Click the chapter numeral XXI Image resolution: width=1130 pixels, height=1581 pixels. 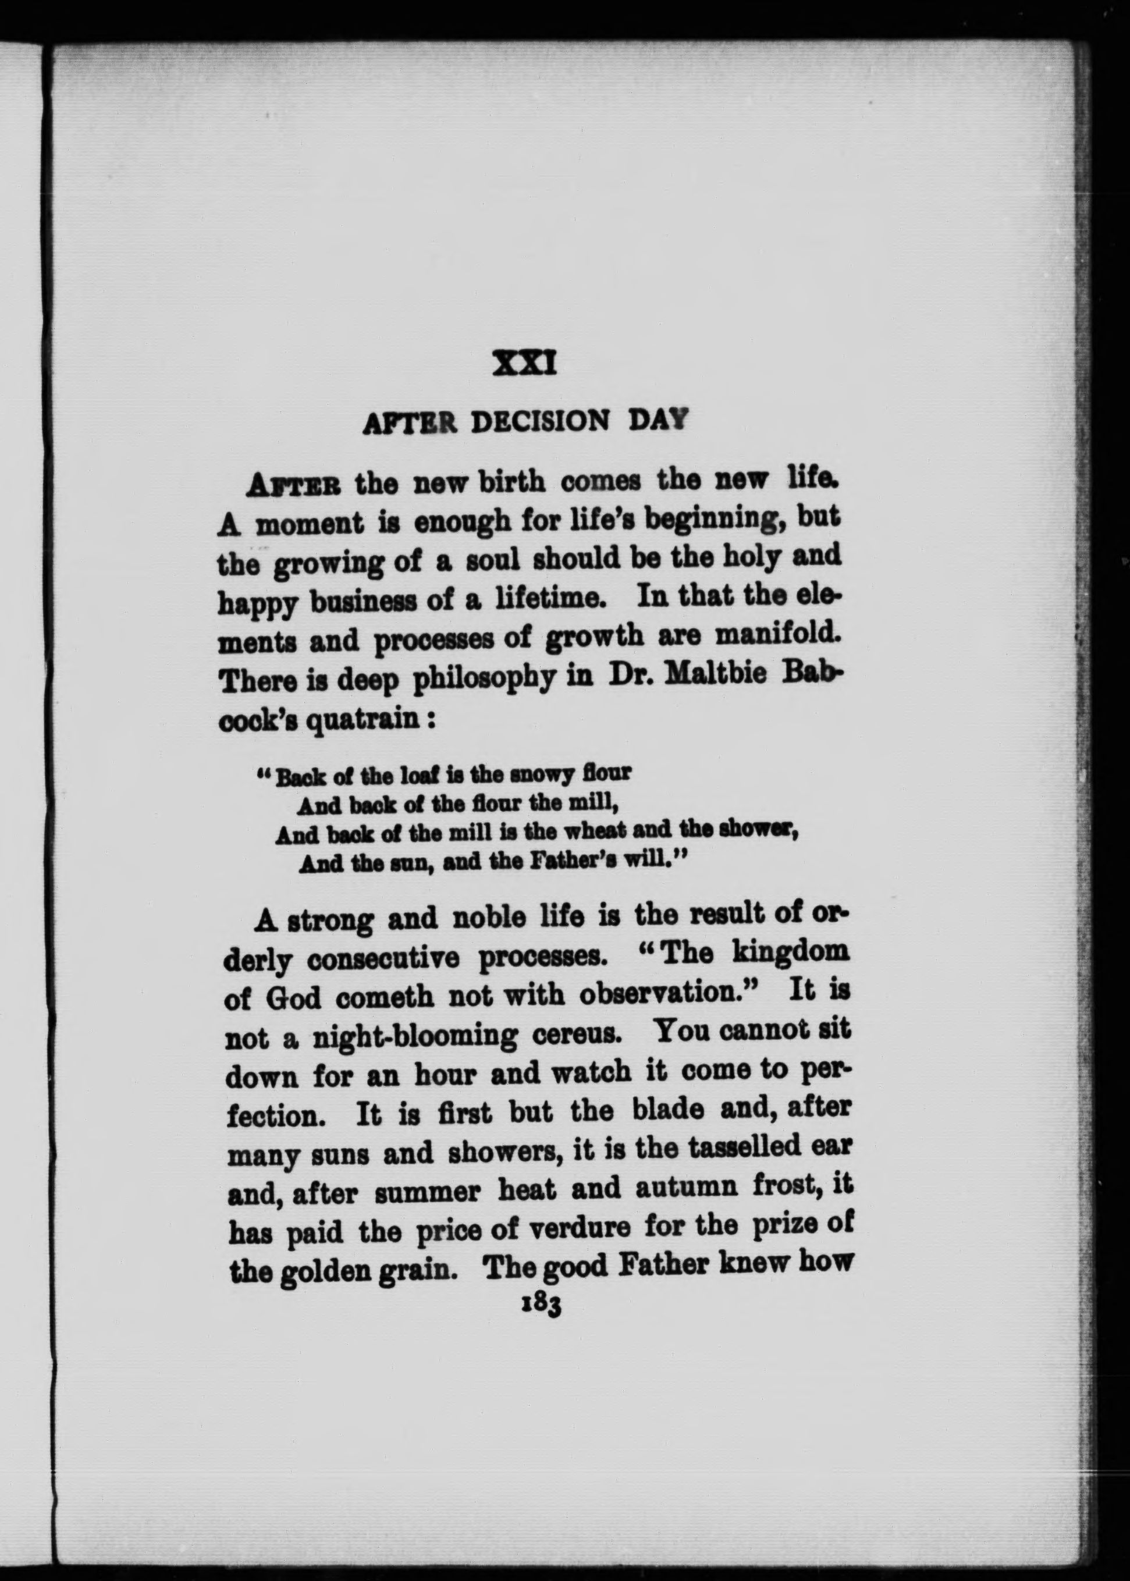coord(524,364)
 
